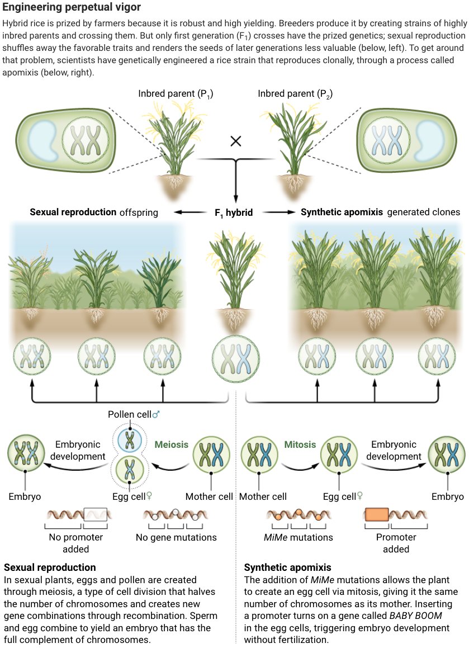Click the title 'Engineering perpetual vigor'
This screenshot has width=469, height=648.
point(72,8)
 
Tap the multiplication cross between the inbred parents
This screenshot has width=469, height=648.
point(235,141)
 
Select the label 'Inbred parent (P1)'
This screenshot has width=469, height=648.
point(176,93)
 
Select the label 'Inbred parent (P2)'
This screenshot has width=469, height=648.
point(295,93)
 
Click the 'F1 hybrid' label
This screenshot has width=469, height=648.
point(234,212)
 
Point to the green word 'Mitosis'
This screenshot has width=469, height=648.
point(300,445)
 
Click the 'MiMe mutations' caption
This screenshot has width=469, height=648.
point(298,538)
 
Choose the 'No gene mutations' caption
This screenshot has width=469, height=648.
point(176,538)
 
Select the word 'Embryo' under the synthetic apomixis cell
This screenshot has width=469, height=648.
point(448,496)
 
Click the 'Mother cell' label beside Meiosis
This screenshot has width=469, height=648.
point(209,496)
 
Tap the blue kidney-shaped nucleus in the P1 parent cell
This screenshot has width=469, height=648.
point(42,138)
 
